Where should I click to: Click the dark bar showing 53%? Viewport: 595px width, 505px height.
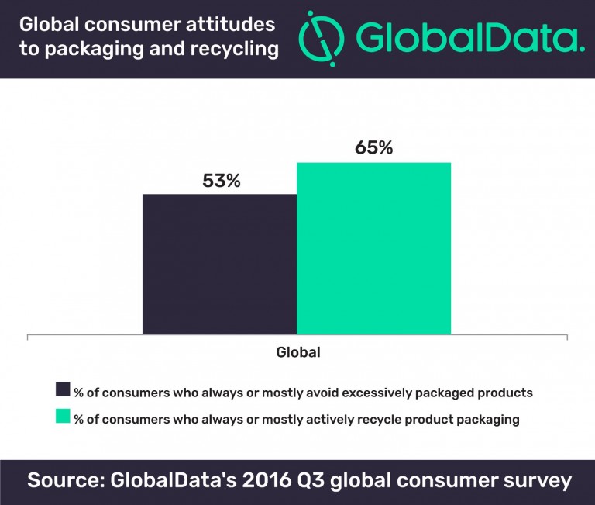point(220,265)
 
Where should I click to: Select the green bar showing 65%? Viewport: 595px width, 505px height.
point(373,249)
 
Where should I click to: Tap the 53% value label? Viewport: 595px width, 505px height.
point(222,182)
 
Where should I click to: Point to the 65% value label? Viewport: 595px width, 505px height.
point(374,147)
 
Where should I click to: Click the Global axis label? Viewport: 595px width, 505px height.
point(298,352)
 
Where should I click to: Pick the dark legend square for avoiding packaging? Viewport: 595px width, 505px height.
point(63,391)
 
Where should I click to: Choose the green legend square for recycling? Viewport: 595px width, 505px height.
point(63,418)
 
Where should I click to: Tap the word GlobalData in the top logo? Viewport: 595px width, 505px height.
point(464,38)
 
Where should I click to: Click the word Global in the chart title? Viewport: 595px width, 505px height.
point(48,24)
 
